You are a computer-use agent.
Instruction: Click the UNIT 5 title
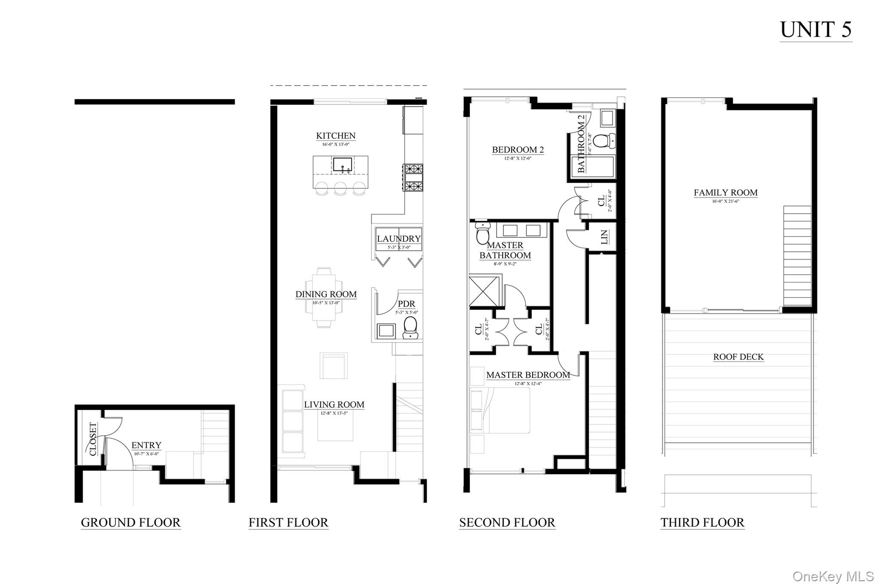pyautogui.click(x=815, y=30)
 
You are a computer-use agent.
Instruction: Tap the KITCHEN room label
pyautogui.click(x=336, y=136)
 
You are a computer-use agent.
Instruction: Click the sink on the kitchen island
pyautogui.click(x=342, y=165)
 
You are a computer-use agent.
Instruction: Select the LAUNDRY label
pyautogui.click(x=399, y=239)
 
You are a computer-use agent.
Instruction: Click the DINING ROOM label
pyautogui.click(x=326, y=295)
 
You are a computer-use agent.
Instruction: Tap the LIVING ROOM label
pyautogui.click(x=334, y=404)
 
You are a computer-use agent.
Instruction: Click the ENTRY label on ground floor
pyautogui.click(x=146, y=445)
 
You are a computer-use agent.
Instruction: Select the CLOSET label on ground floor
pyautogui.click(x=93, y=439)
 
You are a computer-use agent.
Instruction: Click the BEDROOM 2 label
pyautogui.click(x=518, y=150)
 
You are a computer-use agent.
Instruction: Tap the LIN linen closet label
pyautogui.click(x=604, y=237)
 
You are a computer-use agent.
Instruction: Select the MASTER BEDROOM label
pyautogui.click(x=528, y=375)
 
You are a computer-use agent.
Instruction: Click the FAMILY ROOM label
pyautogui.click(x=725, y=193)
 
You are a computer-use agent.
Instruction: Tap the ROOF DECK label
pyautogui.click(x=738, y=357)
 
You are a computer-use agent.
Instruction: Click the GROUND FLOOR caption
pyautogui.click(x=130, y=522)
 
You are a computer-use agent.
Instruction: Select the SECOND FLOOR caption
pyautogui.click(x=507, y=522)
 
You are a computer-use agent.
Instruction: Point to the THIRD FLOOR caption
pyautogui.click(x=702, y=522)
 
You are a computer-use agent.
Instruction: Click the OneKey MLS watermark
pyautogui.click(x=833, y=576)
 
